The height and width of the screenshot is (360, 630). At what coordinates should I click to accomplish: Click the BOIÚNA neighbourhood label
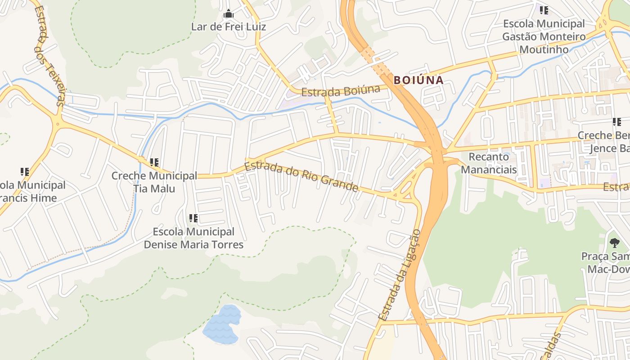[x=418, y=81]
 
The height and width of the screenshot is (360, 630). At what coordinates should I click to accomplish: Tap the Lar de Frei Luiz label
[x=229, y=27]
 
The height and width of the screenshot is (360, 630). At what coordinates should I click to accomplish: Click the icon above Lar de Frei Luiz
[x=229, y=13]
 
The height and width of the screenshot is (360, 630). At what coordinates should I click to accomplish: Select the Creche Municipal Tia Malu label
[x=154, y=182]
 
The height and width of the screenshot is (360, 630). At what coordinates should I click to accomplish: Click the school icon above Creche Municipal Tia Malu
[x=154, y=162]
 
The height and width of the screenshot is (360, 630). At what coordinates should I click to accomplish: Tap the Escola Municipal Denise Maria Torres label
[x=193, y=238]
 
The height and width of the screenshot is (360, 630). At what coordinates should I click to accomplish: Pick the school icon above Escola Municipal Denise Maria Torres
[x=193, y=218]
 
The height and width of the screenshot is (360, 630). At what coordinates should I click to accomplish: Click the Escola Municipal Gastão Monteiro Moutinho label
[x=544, y=36]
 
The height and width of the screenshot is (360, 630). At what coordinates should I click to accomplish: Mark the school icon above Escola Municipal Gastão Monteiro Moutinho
[x=544, y=10]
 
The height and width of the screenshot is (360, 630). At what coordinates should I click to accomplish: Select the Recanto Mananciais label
[x=489, y=163]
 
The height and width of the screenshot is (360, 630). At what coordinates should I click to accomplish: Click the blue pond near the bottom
[x=221, y=325]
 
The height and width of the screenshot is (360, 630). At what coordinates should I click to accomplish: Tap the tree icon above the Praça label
[x=615, y=243]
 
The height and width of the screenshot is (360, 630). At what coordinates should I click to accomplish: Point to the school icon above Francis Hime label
[x=25, y=171]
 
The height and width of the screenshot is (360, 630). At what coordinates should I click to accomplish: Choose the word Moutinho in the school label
[x=544, y=49]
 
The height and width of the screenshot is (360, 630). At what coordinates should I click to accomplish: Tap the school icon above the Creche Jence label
[x=616, y=122]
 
